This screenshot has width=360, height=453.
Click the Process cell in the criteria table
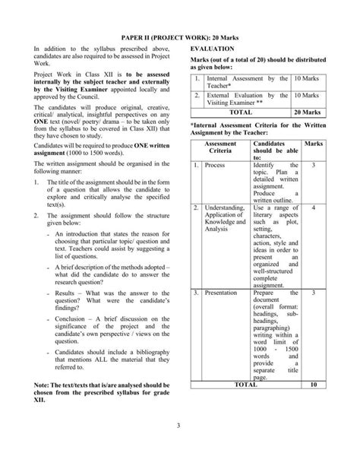click(215, 165)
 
